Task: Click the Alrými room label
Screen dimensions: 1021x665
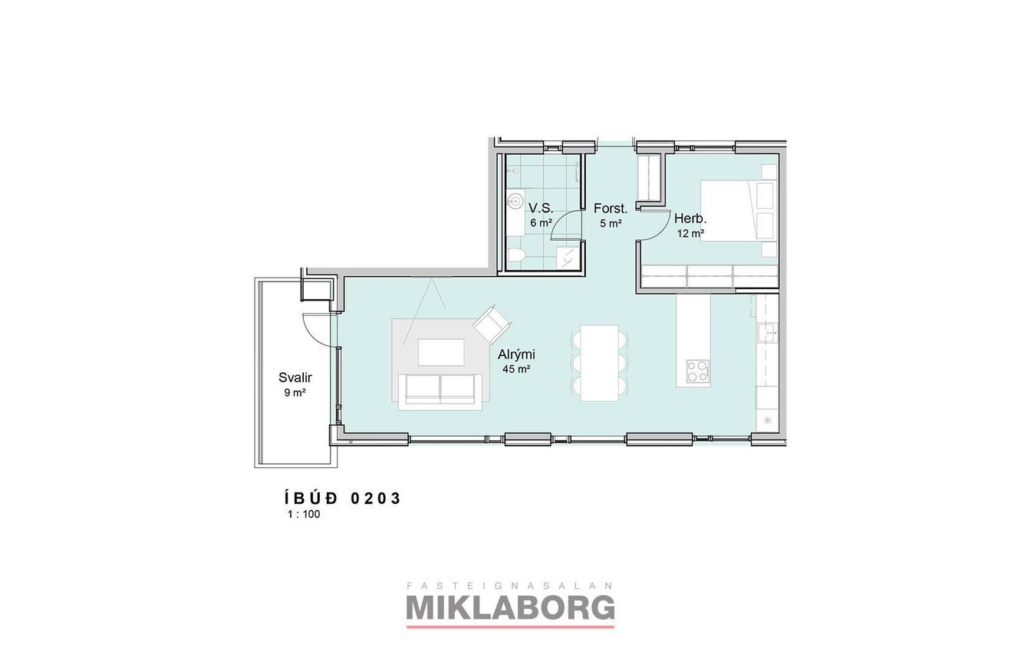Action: click(516, 354)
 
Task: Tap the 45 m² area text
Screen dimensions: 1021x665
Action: click(516, 369)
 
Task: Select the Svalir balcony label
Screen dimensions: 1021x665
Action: click(295, 377)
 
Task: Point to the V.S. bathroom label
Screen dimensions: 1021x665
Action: click(541, 209)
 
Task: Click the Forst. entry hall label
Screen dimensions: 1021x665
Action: click(611, 209)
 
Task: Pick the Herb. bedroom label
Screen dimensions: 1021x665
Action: click(690, 219)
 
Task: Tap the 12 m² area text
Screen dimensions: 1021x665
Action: click(690, 233)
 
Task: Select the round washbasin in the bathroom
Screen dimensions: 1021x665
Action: click(516, 200)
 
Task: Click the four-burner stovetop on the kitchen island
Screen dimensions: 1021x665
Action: click(698, 370)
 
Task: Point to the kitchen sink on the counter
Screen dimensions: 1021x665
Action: click(767, 333)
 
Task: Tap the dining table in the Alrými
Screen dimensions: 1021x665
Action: click(599, 363)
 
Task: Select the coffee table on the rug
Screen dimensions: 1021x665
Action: click(441, 352)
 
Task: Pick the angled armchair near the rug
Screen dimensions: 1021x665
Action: click(492, 324)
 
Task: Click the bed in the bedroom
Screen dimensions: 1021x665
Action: click(738, 211)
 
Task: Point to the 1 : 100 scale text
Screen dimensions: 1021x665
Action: click(304, 514)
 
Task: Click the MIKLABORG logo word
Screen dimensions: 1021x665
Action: click(510, 607)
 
